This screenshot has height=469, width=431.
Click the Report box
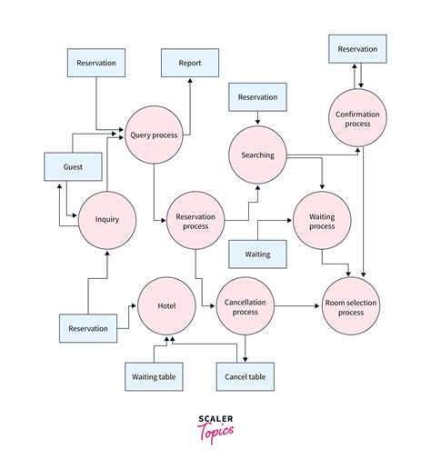(x=189, y=64)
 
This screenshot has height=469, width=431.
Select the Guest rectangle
(x=74, y=167)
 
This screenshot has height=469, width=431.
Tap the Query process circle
(x=153, y=135)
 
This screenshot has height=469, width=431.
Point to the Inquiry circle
(x=107, y=219)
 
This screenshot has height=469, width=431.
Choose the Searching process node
(x=258, y=155)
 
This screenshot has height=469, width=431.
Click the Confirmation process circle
(x=357, y=116)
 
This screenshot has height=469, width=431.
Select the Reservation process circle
(x=195, y=219)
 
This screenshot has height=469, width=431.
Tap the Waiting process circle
(x=322, y=222)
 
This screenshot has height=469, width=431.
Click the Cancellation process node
(x=244, y=307)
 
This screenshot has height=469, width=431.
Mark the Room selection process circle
(x=351, y=307)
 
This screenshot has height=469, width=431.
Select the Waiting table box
(x=154, y=376)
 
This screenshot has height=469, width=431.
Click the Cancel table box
(x=244, y=376)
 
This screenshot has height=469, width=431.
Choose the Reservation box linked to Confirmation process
(x=357, y=49)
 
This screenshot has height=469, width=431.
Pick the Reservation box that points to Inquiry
(x=88, y=328)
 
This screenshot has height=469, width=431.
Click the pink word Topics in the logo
(x=215, y=431)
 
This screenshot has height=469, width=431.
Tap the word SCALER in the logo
(x=215, y=419)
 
